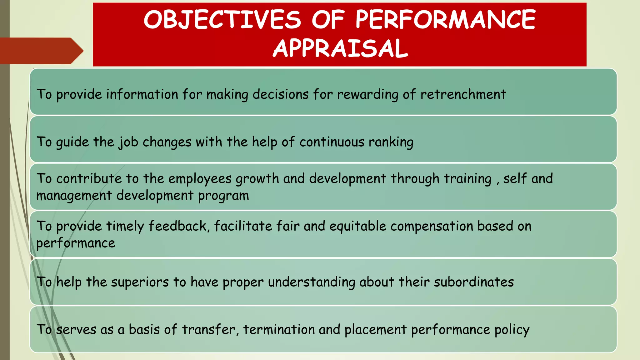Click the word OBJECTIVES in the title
(222, 20)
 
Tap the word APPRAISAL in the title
(340, 48)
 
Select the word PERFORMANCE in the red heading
(446, 20)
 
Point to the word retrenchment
(463, 94)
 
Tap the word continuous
(332, 142)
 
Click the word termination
(279, 330)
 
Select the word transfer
(209, 330)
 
